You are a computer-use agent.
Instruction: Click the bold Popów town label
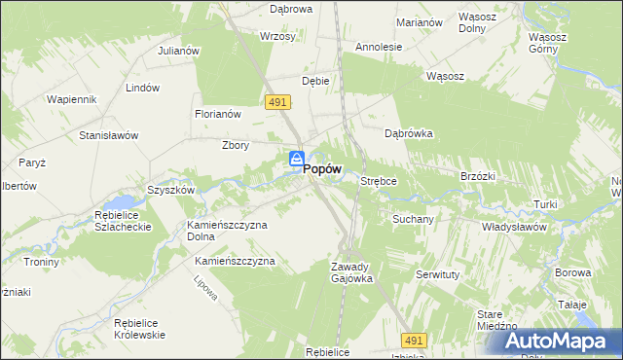click(x=322, y=168)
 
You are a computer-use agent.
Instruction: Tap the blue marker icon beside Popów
click(x=297, y=160)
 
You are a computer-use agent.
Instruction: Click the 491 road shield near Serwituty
click(x=415, y=340)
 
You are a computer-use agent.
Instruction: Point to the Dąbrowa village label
click(x=290, y=9)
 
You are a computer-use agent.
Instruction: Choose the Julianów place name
click(x=178, y=51)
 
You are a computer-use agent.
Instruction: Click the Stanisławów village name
click(x=108, y=135)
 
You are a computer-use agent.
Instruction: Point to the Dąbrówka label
click(x=408, y=134)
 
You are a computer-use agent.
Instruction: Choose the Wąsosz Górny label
click(x=547, y=43)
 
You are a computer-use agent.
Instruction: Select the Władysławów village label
click(x=514, y=226)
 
